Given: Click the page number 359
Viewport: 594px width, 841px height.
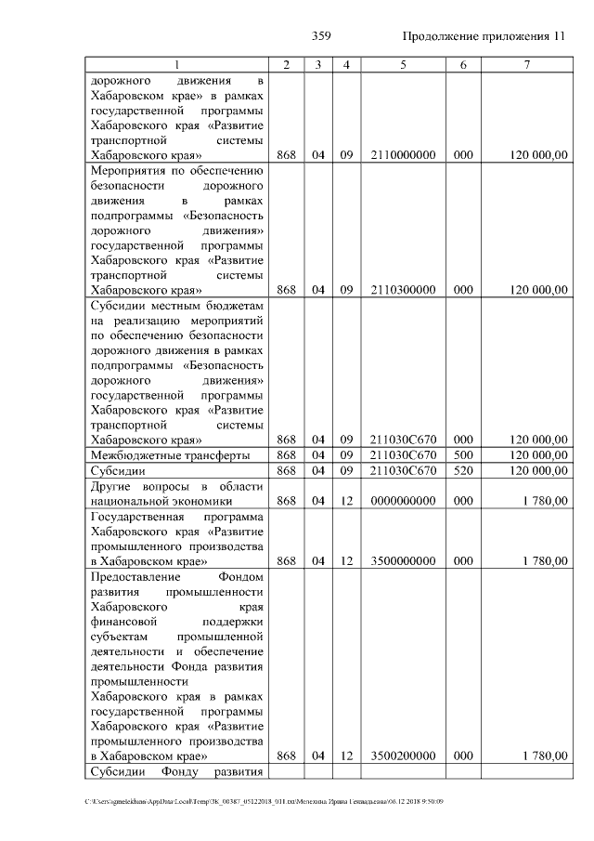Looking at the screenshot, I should click(x=321, y=36).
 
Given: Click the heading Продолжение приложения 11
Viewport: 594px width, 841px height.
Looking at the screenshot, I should click(x=484, y=36).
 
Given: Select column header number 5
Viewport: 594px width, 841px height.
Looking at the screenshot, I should click(x=403, y=65).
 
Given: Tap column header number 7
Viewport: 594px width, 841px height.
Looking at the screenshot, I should click(x=527, y=65).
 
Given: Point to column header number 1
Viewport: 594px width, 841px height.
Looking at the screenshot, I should click(x=177, y=65).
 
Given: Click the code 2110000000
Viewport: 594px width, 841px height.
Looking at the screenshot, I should click(x=403, y=155).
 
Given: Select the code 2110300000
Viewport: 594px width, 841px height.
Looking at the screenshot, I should click(x=403, y=290).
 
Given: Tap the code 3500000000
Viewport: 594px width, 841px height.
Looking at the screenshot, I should click(x=403, y=560).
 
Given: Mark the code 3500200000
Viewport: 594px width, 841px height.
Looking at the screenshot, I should click(x=403, y=756).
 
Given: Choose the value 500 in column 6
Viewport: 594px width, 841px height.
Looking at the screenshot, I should click(x=463, y=455).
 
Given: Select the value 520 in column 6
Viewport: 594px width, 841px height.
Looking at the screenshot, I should click(x=463, y=471).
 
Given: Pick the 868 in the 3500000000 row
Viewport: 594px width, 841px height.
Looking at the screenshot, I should click(x=286, y=560).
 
